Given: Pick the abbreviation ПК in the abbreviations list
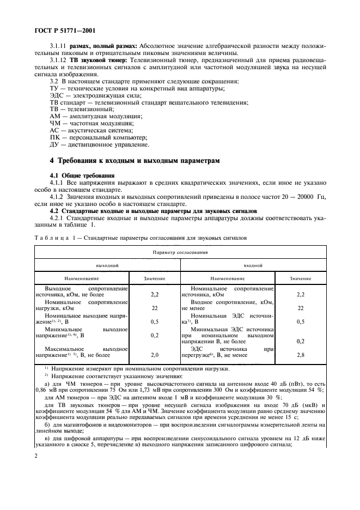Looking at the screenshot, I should tap(54, 138).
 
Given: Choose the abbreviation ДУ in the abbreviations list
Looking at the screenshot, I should tap(54, 145).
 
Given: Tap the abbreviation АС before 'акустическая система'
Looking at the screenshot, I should tap(54, 131).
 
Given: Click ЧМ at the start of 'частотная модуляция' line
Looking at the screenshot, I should tap(54, 124).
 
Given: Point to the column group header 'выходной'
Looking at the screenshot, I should tap(107, 265).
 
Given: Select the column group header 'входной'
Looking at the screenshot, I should tap(253, 265).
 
